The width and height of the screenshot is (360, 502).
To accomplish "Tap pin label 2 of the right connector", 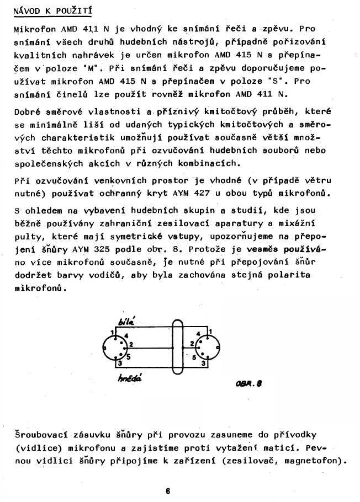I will [x=191, y=344].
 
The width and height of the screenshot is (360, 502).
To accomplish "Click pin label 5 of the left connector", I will [x=128, y=356].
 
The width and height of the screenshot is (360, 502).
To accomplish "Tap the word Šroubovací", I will [x=39, y=434].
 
